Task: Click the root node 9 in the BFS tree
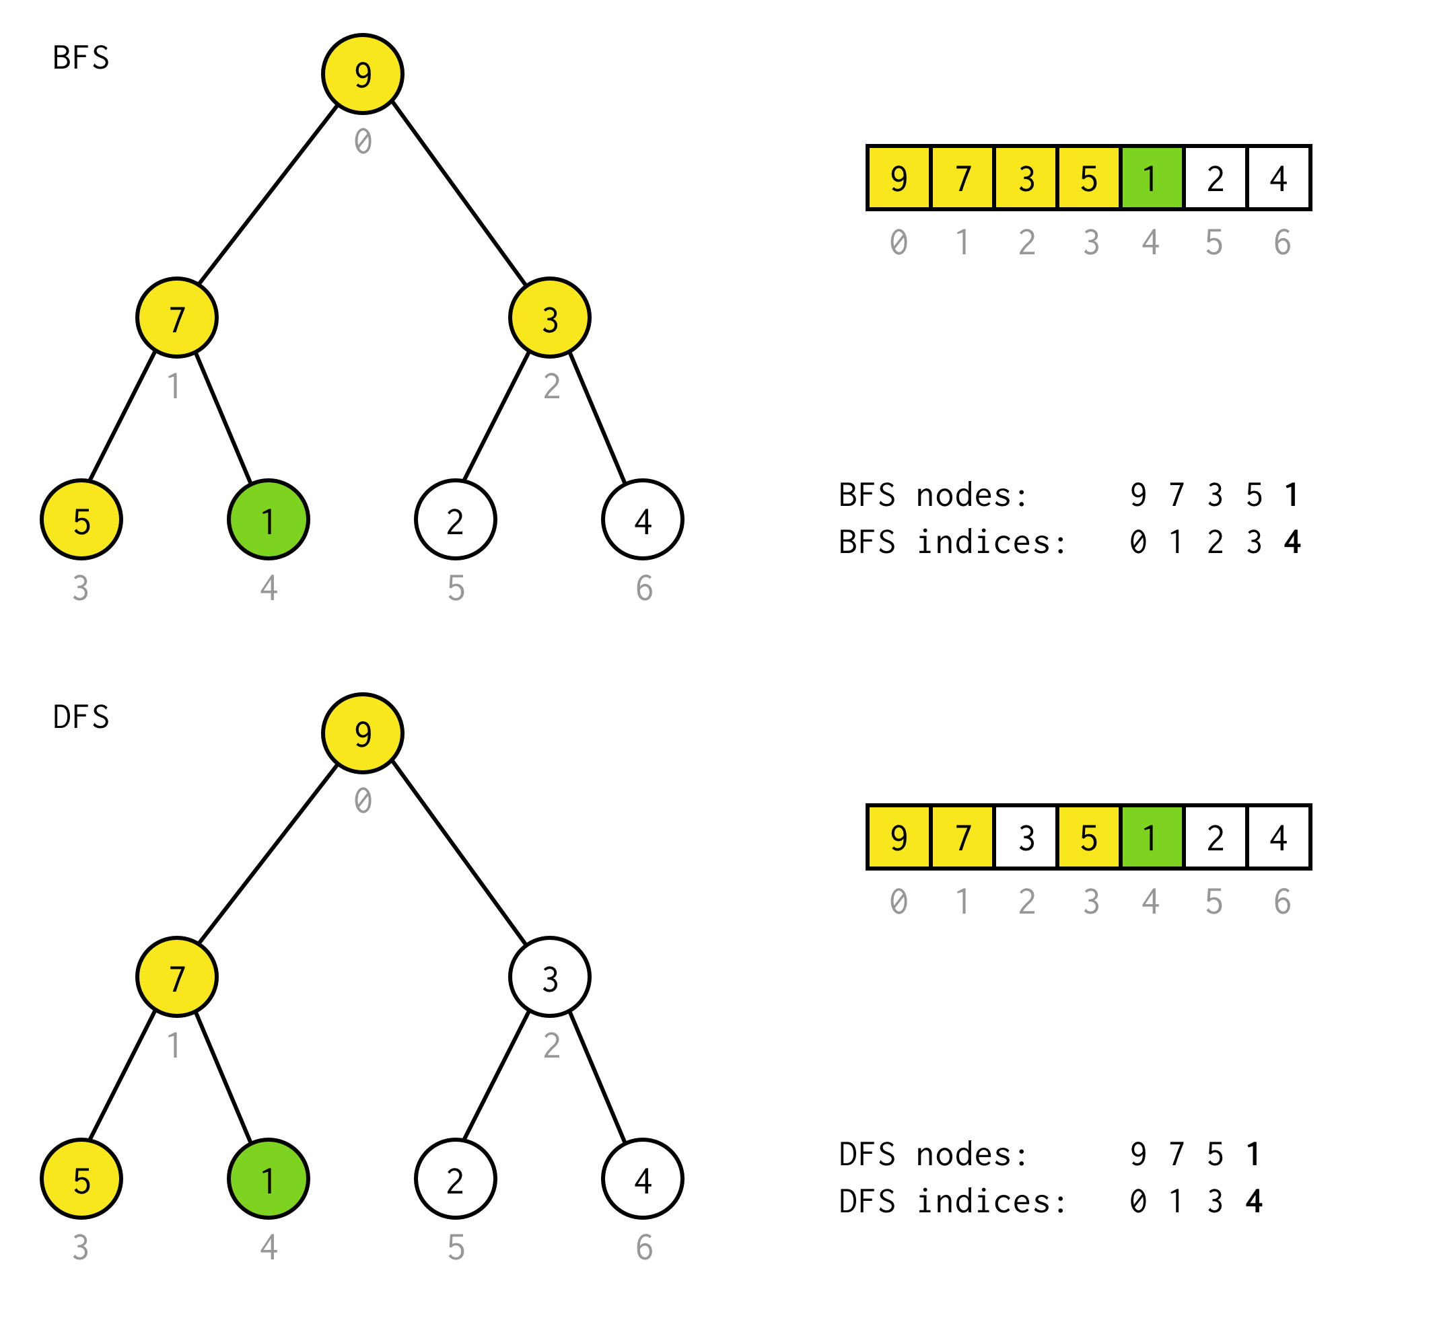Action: tap(363, 74)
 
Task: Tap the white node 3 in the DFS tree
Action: tap(550, 978)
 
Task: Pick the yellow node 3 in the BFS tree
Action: tap(550, 318)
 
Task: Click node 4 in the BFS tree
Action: tap(643, 519)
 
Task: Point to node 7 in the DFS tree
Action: tap(177, 978)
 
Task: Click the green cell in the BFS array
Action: tap(1152, 178)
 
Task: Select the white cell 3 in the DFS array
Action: tap(1026, 837)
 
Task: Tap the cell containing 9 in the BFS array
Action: tap(899, 178)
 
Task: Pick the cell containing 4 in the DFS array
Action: tap(1278, 837)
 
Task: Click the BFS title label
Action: tap(81, 58)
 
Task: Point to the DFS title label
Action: tap(81, 717)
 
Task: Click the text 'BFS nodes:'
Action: tap(933, 495)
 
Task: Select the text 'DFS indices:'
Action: tap(952, 1202)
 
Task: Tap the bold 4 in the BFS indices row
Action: tap(1292, 542)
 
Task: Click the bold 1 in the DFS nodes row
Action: tap(1253, 1154)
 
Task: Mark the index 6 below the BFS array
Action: tap(1282, 243)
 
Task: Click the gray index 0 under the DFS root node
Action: tap(363, 801)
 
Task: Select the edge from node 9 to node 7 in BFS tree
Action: tap(267, 194)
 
